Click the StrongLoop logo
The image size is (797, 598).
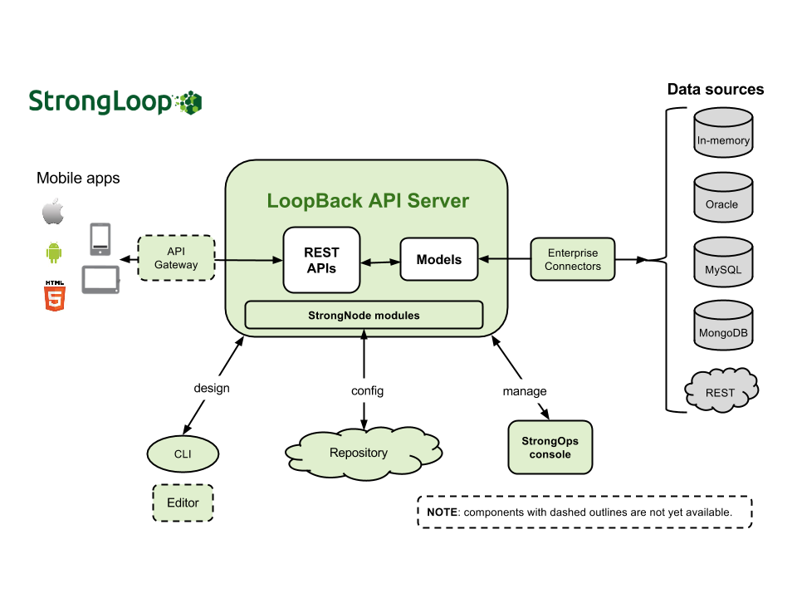tap(115, 101)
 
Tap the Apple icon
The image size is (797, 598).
tap(53, 212)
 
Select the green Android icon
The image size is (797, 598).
tap(53, 252)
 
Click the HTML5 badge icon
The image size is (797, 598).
tap(54, 296)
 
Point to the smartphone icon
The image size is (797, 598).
tap(100, 238)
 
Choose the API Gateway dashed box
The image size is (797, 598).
tap(176, 258)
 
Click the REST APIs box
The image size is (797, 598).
tap(322, 259)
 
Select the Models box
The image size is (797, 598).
tap(439, 259)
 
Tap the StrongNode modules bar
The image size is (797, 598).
tap(364, 316)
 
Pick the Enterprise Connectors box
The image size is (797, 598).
tap(573, 259)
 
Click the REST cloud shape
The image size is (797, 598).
tap(721, 390)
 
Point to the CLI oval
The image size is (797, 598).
tap(183, 454)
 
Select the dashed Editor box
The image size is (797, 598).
tap(183, 502)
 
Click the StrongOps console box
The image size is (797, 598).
tap(550, 448)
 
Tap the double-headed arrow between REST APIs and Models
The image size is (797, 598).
tap(380, 262)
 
